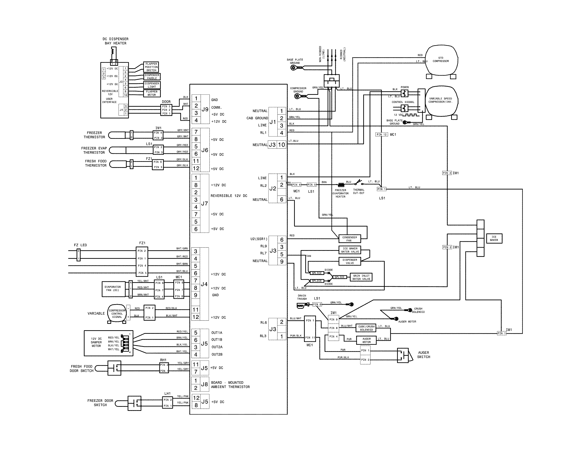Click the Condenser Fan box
350,239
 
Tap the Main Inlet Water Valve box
361,277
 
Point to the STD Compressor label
441,59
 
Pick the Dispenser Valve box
350,261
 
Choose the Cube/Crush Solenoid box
366,328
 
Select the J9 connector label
205,109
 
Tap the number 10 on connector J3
281,145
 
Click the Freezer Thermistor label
94,135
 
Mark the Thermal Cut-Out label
358,191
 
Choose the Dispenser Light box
152,85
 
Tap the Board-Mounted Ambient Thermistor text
230,384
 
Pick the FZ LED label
80,245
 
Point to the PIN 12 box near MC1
381,134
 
